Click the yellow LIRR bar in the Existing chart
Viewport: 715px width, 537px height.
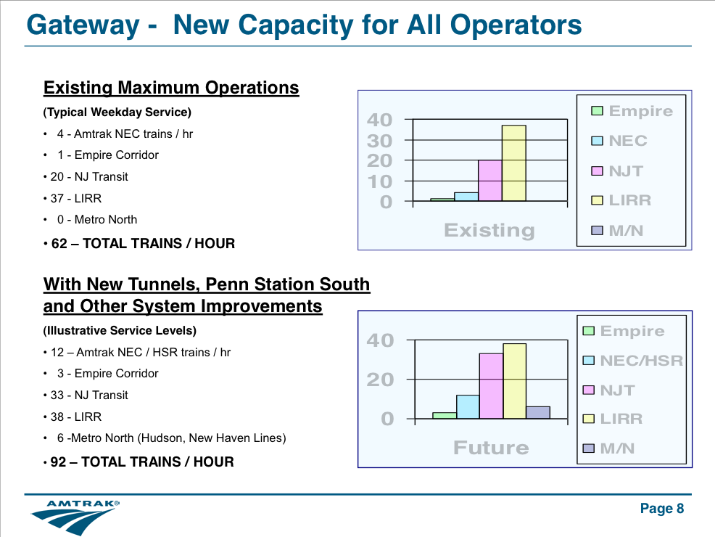tap(514, 163)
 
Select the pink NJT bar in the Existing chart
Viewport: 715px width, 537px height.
tap(490, 180)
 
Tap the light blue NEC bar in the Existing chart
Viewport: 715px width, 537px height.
tap(466, 197)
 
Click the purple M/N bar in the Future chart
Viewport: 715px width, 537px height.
tap(538, 412)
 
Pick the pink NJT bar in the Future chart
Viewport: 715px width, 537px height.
tap(491, 386)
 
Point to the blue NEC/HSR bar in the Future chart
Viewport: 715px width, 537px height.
tap(468, 407)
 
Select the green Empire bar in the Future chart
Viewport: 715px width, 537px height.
tap(445, 416)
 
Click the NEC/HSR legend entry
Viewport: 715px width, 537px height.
tap(633, 361)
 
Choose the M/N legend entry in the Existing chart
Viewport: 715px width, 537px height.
tap(617, 231)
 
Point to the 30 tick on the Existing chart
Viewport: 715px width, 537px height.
tap(380, 142)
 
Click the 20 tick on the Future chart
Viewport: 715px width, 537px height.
tap(380, 380)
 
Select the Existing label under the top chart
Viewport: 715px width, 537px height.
tap(489, 231)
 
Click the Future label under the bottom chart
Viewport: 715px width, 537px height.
tap(491, 448)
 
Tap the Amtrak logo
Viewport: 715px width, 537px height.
tap(75, 517)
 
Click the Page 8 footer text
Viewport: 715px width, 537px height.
tap(662, 508)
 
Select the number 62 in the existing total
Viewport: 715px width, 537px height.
tap(59, 243)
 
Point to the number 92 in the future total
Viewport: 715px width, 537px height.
tap(58, 462)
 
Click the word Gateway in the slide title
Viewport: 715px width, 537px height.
tap(83, 25)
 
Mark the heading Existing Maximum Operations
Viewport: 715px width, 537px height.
tap(171, 88)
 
